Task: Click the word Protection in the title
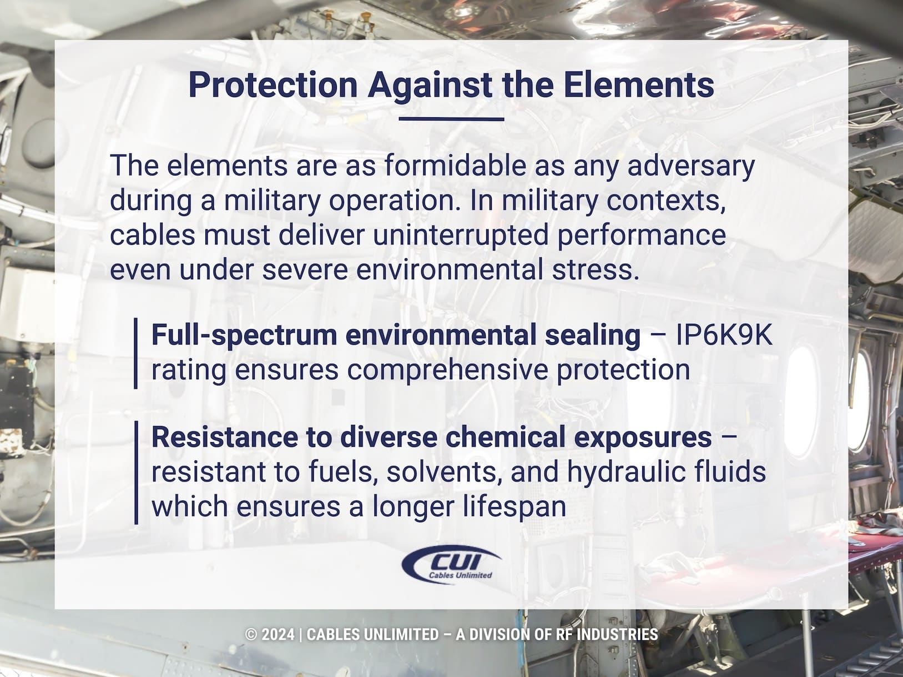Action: tap(273, 85)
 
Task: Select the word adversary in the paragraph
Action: tap(691, 166)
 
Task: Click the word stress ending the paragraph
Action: tap(607, 270)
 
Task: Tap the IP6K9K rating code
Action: tap(723, 335)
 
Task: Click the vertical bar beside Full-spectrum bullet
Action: tap(136, 353)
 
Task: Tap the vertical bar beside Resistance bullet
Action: tap(136, 472)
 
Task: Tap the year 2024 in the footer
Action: tap(278, 634)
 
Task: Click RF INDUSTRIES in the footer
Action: tap(606, 634)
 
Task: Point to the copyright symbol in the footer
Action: tap(251, 634)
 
